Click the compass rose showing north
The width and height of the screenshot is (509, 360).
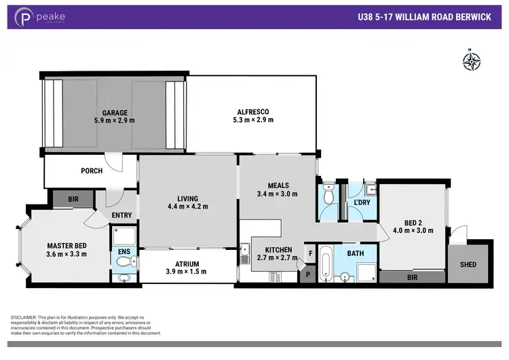tap(471, 61)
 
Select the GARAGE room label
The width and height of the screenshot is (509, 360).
tap(115, 113)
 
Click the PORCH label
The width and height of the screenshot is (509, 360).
tap(91, 171)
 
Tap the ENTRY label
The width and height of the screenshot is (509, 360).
tap(122, 215)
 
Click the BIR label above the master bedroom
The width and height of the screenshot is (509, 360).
tap(73, 199)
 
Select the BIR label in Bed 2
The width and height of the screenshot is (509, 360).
tap(412, 277)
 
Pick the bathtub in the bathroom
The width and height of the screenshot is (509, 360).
tap(325, 264)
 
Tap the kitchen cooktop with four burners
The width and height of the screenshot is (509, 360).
tap(275, 276)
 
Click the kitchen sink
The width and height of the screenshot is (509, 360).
tap(245, 255)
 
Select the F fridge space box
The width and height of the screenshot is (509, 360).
tap(310, 253)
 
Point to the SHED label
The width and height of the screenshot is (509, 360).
tap(468, 264)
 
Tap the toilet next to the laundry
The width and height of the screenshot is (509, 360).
tap(328, 195)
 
